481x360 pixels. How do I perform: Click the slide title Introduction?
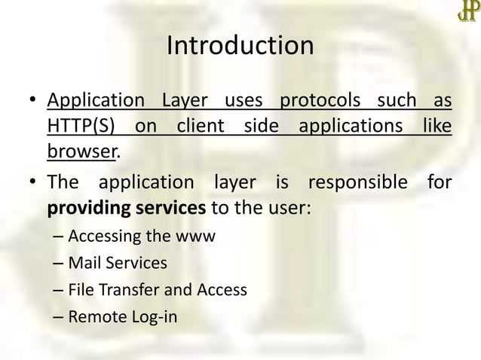pos(240,46)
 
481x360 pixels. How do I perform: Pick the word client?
pos(201,125)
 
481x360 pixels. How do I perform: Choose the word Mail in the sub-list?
pos(84,263)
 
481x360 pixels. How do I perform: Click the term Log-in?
pos(155,316)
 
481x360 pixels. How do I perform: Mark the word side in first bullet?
pos(261,125)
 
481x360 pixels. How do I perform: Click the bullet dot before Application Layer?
pos(32,102)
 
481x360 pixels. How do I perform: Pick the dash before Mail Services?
pos(59,263)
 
